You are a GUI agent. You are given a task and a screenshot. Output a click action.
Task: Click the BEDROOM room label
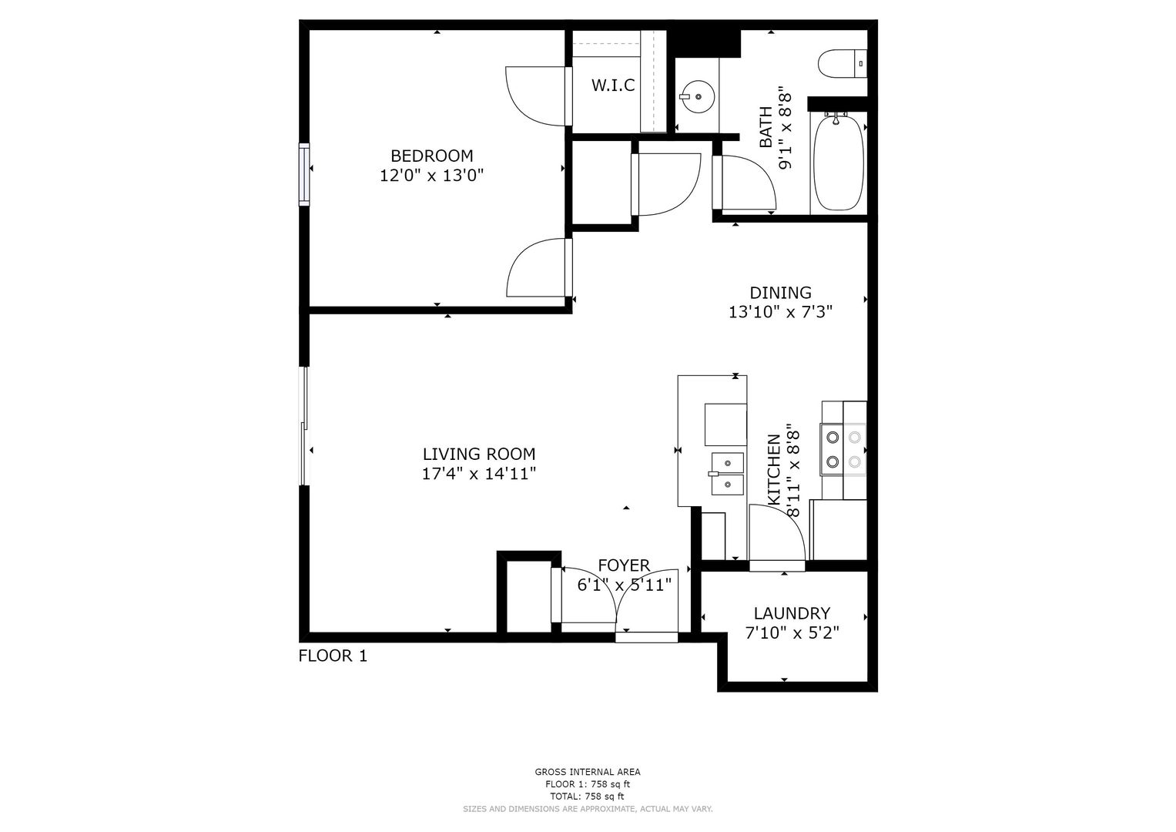point(431,156)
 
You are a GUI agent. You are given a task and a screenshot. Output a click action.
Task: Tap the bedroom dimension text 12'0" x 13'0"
point(431,176)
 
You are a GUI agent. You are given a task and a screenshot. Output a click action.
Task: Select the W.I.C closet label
point(613,85)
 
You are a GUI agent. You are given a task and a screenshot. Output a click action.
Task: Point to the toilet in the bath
point(842,64)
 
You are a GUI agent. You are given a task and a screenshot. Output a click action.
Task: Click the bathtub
point(838,163)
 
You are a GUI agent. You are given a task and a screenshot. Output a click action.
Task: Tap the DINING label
point(780,293)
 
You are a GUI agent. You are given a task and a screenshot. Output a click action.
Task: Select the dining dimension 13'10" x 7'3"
point(780,313)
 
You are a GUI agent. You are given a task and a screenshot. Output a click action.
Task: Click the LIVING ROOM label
point(479,454)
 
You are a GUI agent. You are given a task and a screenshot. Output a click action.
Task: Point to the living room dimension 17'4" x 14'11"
point(479,474)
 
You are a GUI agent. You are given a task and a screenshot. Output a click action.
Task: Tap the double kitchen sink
point(726,474)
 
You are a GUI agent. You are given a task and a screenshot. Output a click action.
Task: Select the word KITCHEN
point(774,470)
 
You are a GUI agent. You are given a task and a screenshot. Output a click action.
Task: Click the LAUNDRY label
point(792,613)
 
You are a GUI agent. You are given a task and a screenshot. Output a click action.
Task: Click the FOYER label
point(624,565)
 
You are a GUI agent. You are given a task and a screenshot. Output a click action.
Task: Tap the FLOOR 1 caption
point(333,656)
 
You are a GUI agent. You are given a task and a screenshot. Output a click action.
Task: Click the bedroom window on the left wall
point(304,174)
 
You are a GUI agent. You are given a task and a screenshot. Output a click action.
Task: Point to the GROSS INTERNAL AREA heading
point(588,772)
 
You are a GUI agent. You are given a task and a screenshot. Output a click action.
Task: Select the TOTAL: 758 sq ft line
point(588,797)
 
